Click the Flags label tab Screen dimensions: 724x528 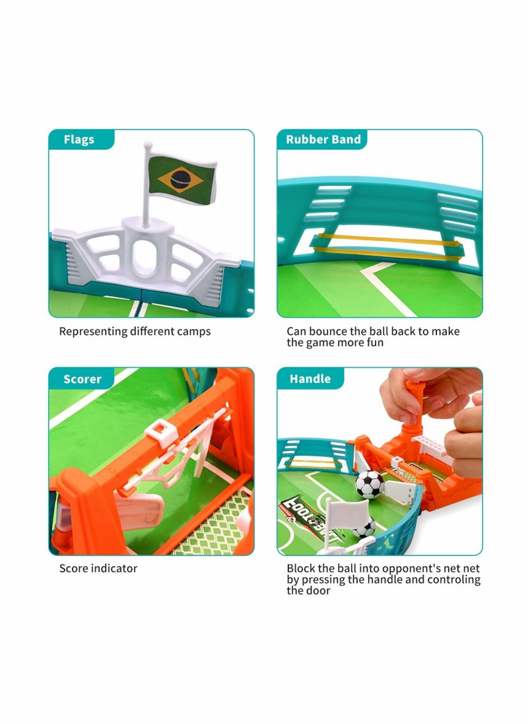pyautogui.click(x=79, y=139)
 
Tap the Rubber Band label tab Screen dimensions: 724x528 pyautogui.click(x=323, y=139)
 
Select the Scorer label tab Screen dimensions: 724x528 pyautogui.click(x=82, y=379)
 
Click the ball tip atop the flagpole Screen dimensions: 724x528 pyautogui.click(x=148, y=143)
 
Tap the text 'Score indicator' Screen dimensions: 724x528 pyautogui.click(x=98, y=568)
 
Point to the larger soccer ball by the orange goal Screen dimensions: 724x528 pyautogui.click(x=370, y=484)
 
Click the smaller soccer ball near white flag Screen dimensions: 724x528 pyautogui.click(x=364, y=528)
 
